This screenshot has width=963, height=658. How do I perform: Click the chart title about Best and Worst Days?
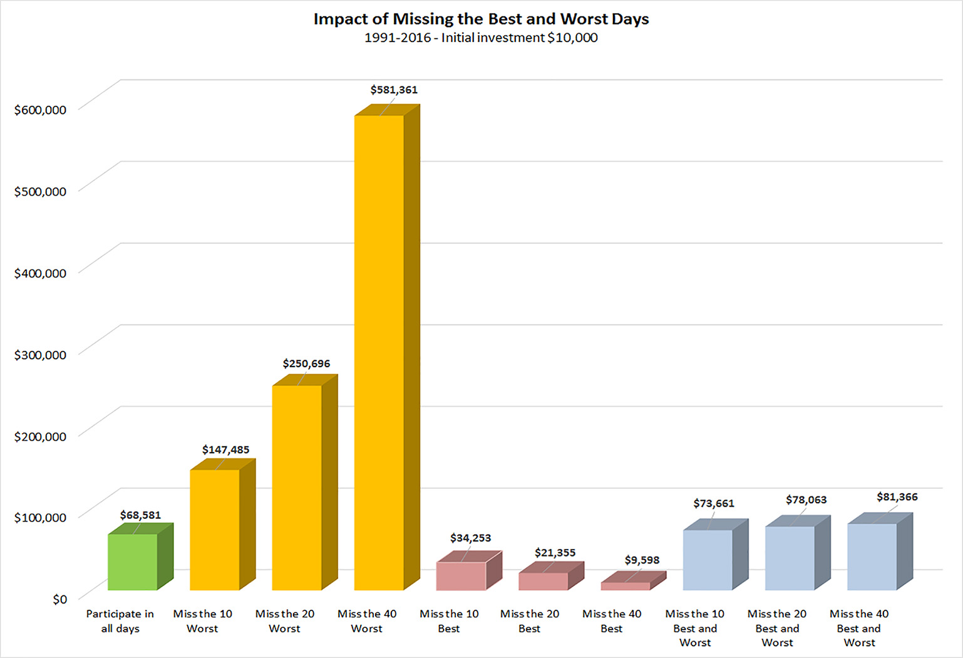coord(481,19)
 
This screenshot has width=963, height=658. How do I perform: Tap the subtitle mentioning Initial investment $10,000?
coord(481,38)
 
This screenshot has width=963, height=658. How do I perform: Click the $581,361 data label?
coord(394,90)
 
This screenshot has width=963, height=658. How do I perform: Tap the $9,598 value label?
coord(642,560)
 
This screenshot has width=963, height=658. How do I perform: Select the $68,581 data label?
coord(140,515)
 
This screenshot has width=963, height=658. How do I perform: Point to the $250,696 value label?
coord(307,363)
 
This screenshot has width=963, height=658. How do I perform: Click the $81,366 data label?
coord(897,497)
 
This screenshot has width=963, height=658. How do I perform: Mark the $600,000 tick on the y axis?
coord(41,110)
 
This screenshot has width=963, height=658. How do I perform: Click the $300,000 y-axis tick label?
coord(41,355)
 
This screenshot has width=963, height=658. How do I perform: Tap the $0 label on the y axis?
coord(59,599)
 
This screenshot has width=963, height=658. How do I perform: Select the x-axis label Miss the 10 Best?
coord(449,621)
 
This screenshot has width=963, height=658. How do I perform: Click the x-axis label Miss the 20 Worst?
coord(285,621)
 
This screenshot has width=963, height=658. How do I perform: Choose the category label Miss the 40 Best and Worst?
coord(859,628)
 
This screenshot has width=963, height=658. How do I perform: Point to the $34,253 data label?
coord(470,538)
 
